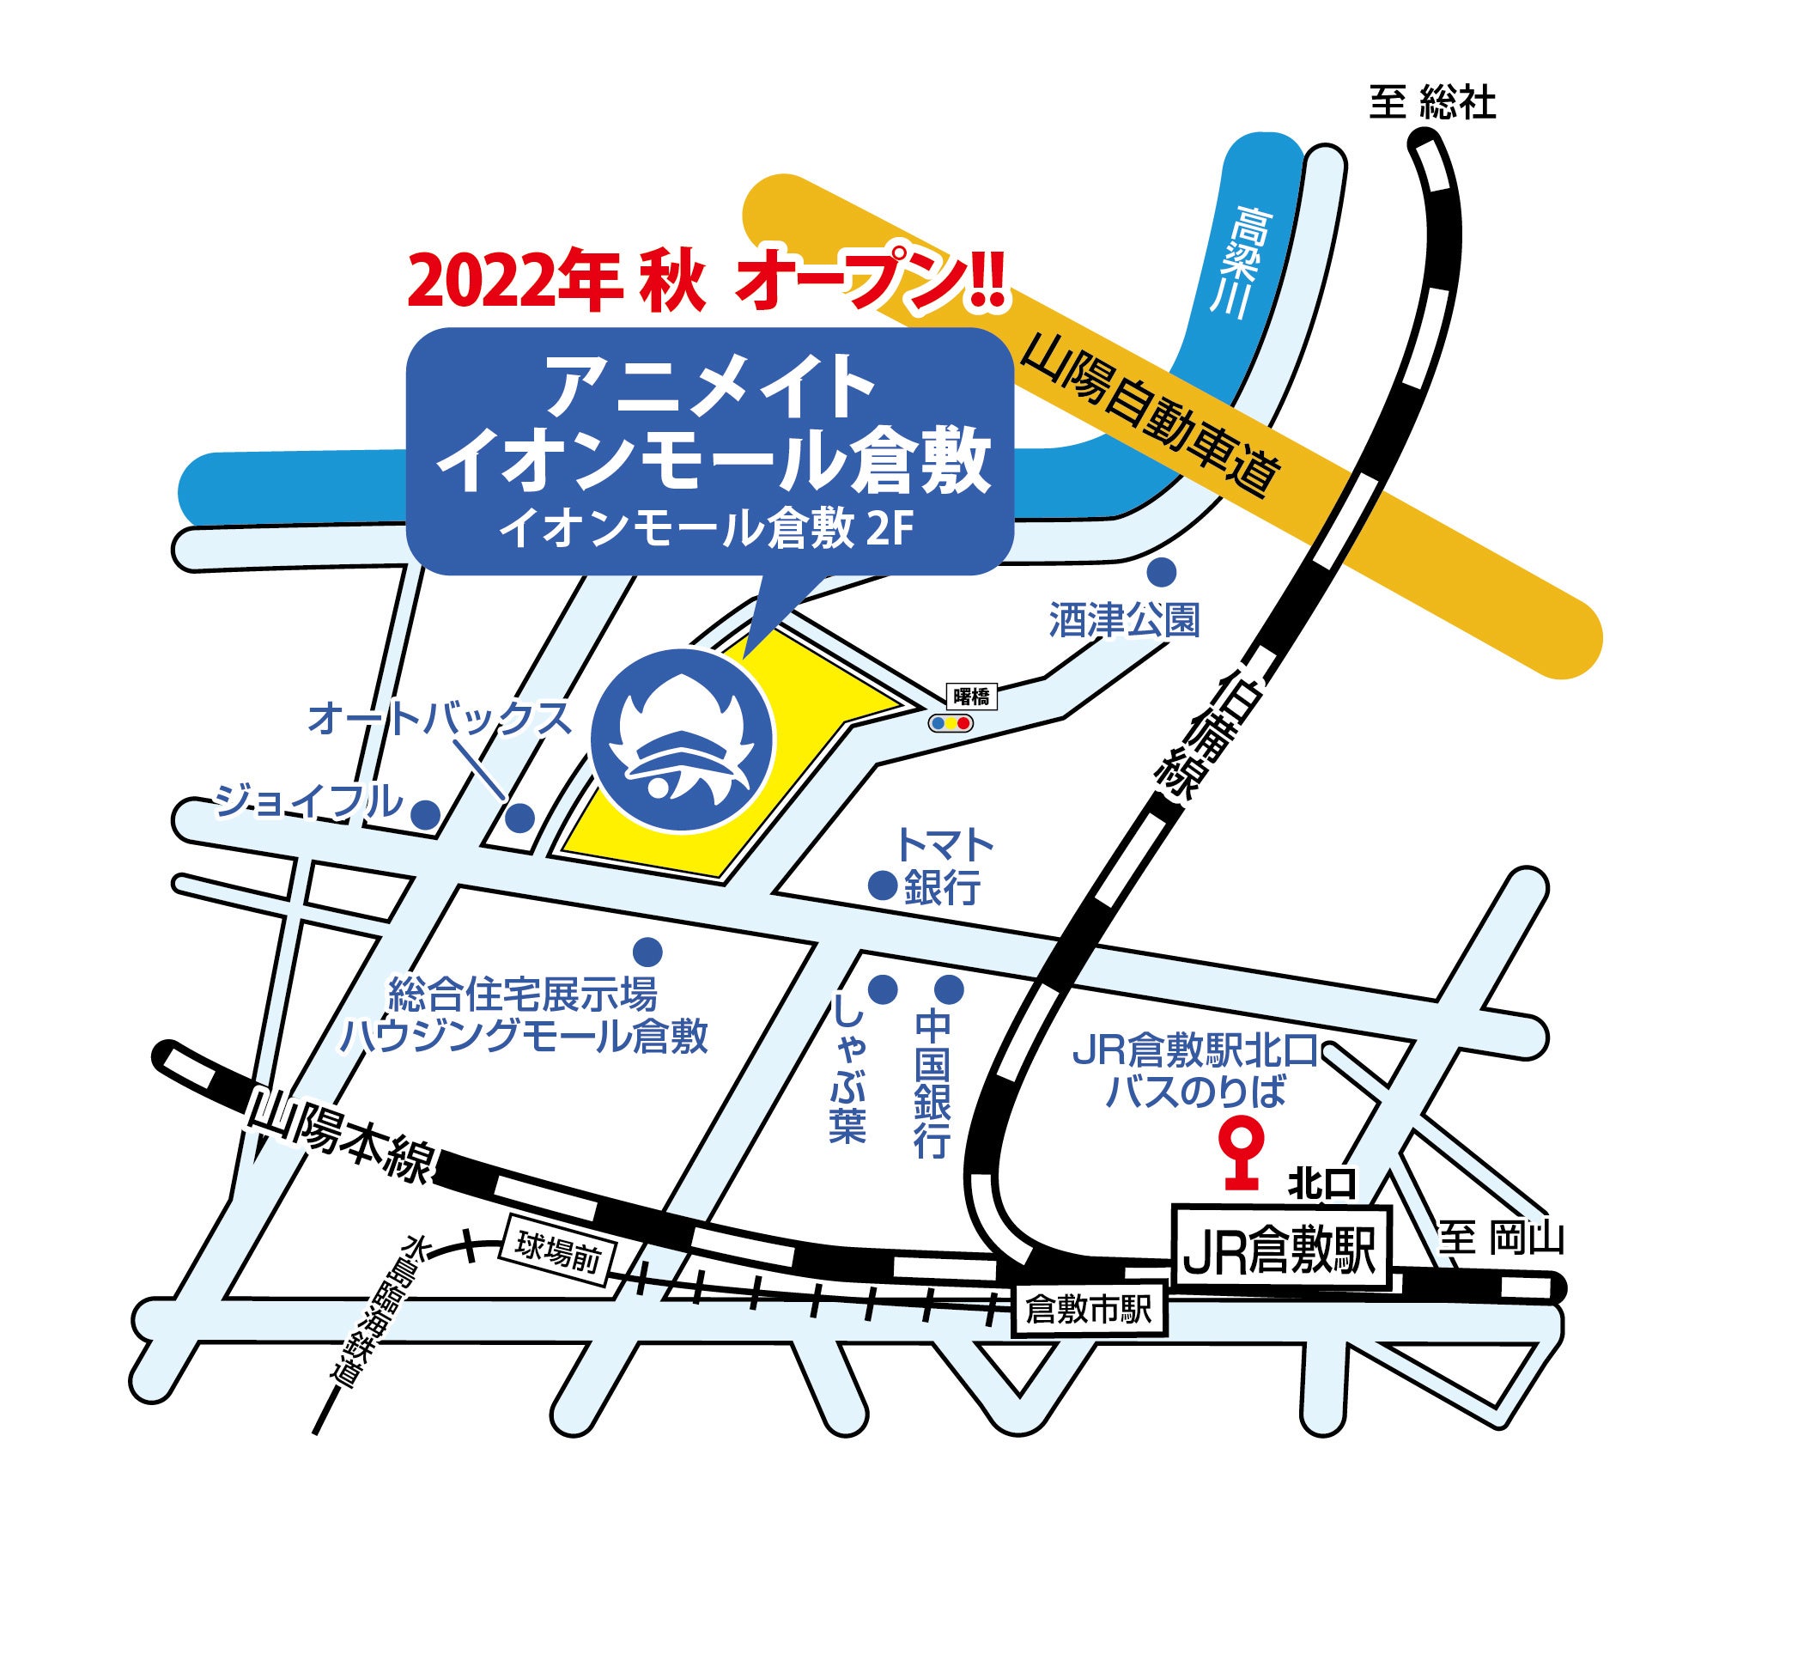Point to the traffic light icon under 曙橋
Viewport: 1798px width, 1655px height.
pyautogui.click(x=950, y=722)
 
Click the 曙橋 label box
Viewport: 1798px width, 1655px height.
pyautogui.click(x=970, y=697)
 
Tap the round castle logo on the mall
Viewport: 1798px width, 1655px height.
pyautogui.click(x=682, y=739)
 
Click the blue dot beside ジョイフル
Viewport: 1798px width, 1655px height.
pyautogui.click(x=425, y=814)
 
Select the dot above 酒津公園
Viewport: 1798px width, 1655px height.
pyautogui.click(x=1163, y=570)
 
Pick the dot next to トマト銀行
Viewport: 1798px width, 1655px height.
pyautogui.click(x=883, y=885)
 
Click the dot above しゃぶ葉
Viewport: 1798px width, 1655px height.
pyautogui.click(x=883, y=989)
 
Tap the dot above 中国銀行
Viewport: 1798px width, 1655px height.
pyautogui.click(x=949, y=989)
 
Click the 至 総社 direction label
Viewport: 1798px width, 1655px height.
pyautogui.click(x=1431, y=103)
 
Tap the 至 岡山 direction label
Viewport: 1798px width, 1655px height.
pyautogui.click(x=1501, y=1238)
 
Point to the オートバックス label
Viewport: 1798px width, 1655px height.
pyautogui.click(x=439, y=718)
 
